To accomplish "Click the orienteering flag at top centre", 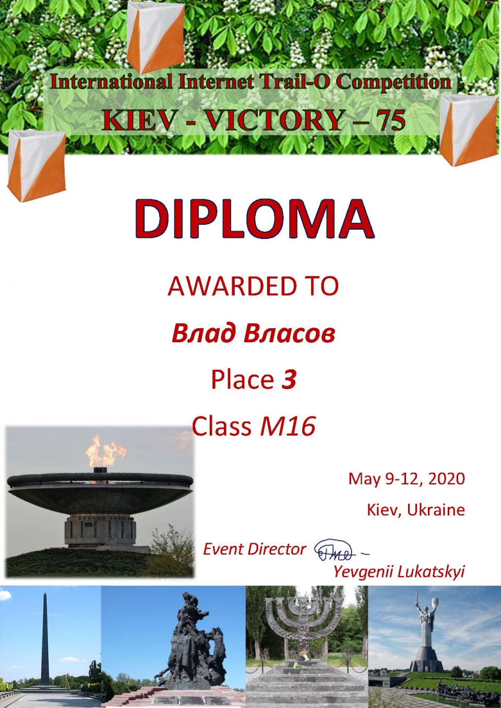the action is (x=156, y=37).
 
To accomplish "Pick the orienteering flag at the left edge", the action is (x=37, y=165).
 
